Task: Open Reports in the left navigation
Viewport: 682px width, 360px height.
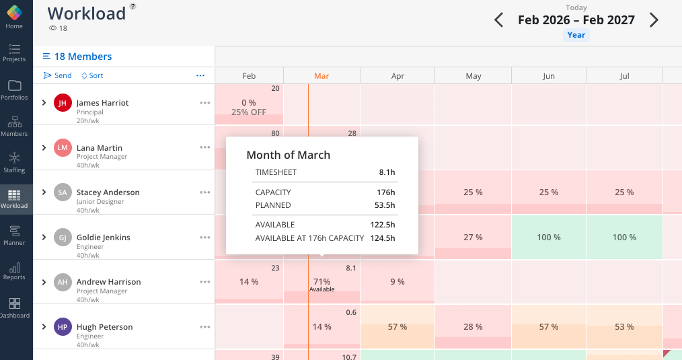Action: [14, 271]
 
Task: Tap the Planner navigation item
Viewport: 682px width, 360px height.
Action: [14, 236]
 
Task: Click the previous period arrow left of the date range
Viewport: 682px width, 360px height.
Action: [498, 20]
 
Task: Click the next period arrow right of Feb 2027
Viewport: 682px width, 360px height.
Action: [654, 20]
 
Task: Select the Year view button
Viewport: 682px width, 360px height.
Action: [576, 35]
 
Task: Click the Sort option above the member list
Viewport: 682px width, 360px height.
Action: [92, 75]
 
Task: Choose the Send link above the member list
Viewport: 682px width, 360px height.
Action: [58, 75]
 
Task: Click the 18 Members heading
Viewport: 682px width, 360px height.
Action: [83, 57]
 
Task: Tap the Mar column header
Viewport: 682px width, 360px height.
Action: [321, 76]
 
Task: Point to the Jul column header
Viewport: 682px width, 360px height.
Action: [624, 76]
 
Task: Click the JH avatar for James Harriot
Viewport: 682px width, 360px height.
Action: [63, 103]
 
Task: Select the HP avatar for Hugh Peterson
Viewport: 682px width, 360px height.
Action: [63, 327]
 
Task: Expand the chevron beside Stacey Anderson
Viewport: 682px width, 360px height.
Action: [44, 192]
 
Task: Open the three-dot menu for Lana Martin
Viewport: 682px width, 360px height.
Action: [204, 147]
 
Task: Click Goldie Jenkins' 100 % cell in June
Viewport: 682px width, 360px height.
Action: [549, 237]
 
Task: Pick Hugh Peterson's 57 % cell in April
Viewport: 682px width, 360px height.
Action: [397, 327]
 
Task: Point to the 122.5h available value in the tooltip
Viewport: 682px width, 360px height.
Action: [382, 225]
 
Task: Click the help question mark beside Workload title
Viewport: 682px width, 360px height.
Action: [132, 6]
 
